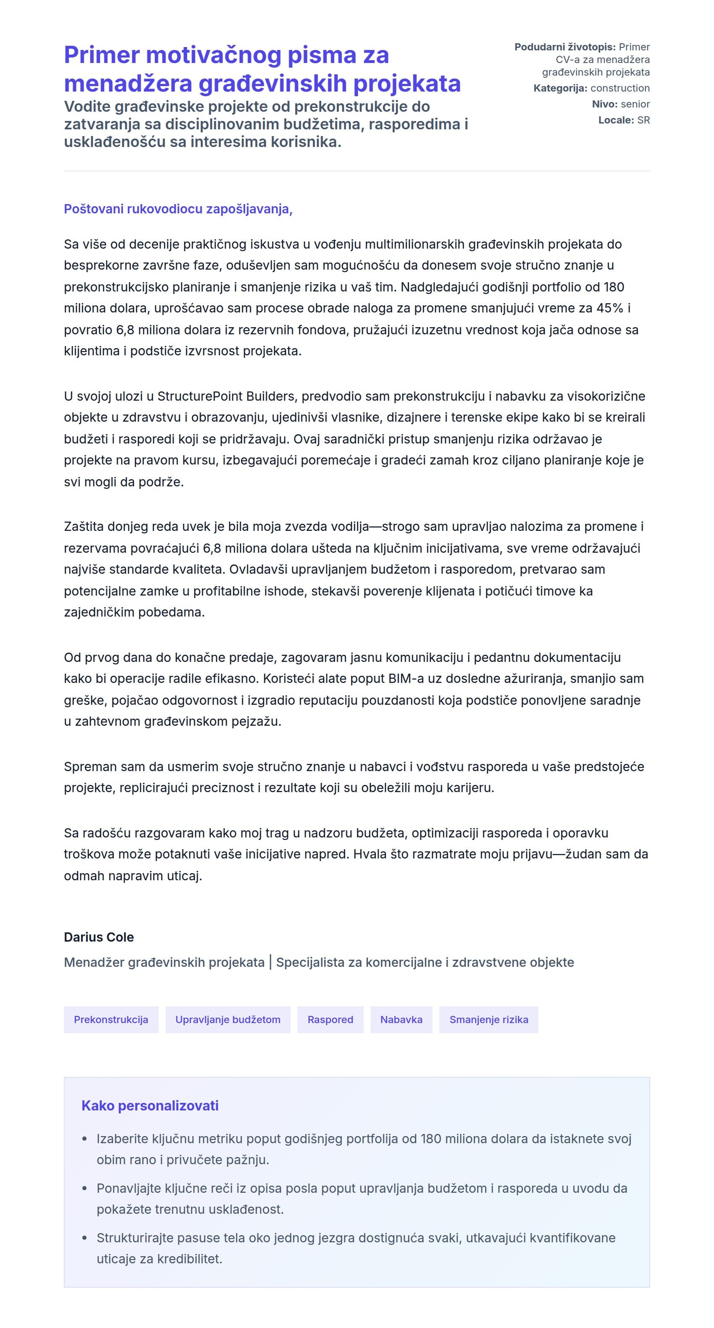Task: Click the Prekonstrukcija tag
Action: click(x=111, y=1019)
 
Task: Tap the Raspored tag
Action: click(x=330, y=1019)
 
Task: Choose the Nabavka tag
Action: click(x=401, y=1019)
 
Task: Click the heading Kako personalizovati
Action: click(x=150, y=1105)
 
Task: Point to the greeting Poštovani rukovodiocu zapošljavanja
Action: click(x=178, y=209)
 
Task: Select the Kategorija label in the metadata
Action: click(x=560, y=88)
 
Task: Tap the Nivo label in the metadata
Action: click(x=604, y=104)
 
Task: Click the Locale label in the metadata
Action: click(x=616, y=120)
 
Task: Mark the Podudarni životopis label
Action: click(x=564, y=47)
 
